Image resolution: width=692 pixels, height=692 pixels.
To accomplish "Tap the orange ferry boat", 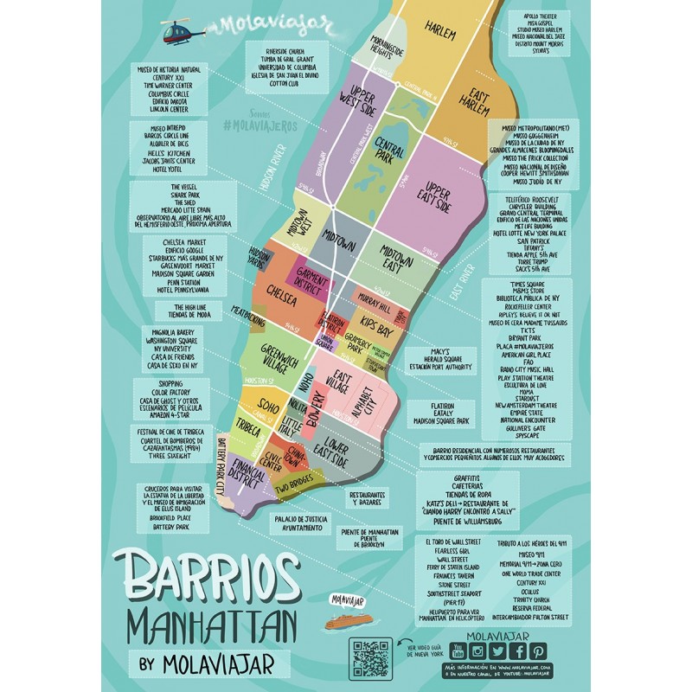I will (x=350, y=619).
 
